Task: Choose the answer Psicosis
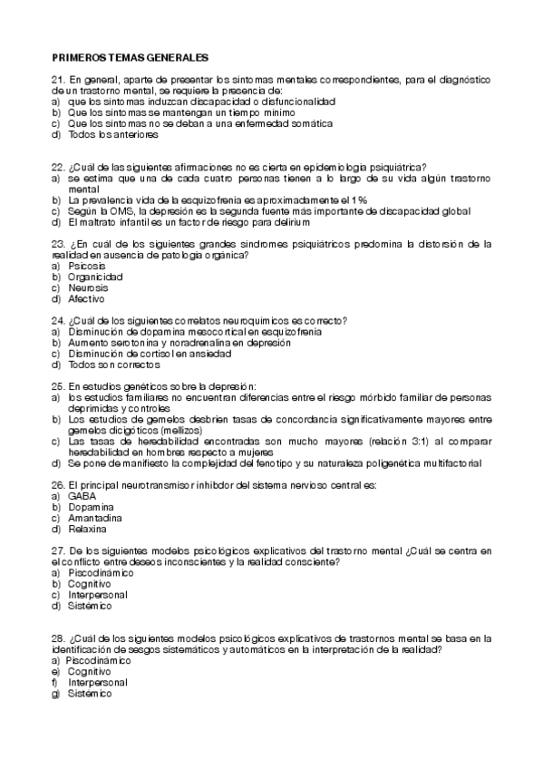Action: [86, 267]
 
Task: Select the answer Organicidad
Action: [95, 277]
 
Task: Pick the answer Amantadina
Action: [94, 518]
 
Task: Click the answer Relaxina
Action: [87, 529]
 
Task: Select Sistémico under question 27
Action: [90, 606]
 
